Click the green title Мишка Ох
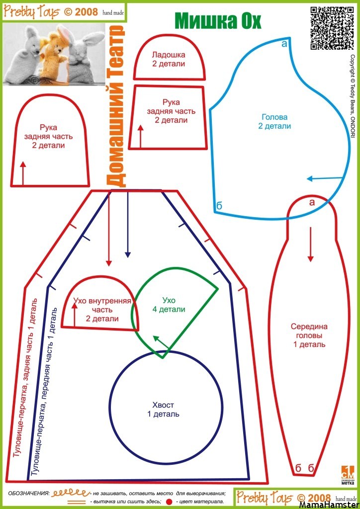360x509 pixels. point(218,21)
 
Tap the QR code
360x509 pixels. point(332,28)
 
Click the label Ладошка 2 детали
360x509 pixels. point(169,59)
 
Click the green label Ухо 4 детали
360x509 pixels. point(169,305)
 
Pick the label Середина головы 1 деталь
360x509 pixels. point(309,336)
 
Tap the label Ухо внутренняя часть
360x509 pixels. point(102,305)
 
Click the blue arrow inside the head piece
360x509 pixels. point(325,178)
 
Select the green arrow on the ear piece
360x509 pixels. point(161,343)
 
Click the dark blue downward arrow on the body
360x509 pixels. point(128,224)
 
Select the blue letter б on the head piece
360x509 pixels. point(219,205)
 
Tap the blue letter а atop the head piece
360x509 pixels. point(284,44)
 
